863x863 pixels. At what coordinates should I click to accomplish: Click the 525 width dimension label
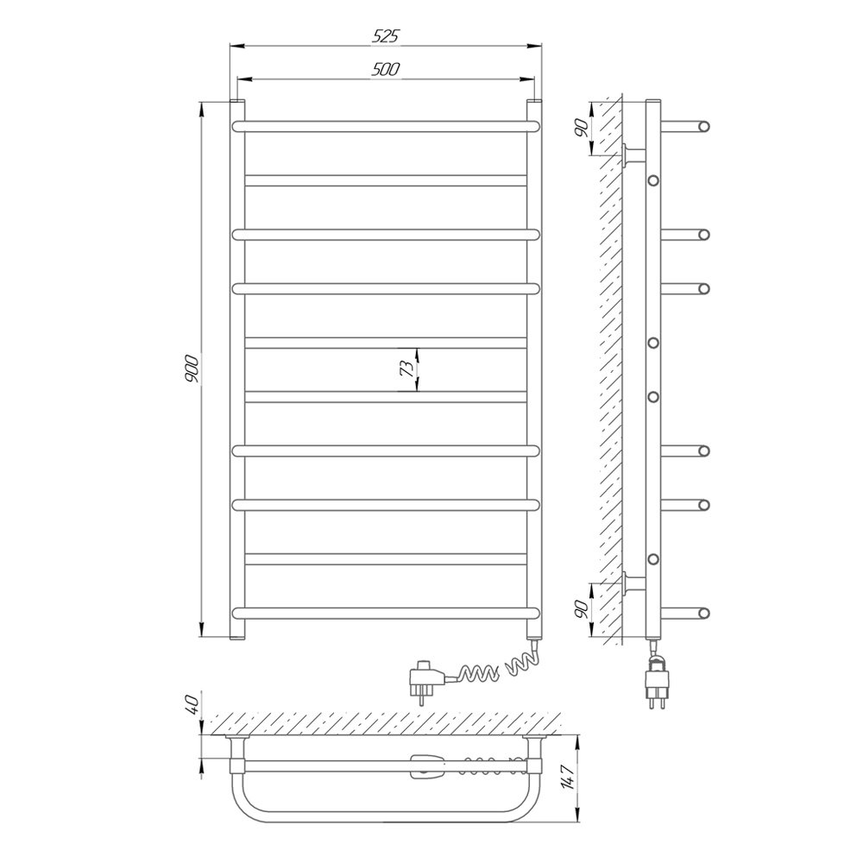385,36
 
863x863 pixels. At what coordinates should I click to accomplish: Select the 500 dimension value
387,69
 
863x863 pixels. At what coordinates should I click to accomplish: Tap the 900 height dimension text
192,369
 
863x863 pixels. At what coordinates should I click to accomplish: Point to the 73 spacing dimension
406,369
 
